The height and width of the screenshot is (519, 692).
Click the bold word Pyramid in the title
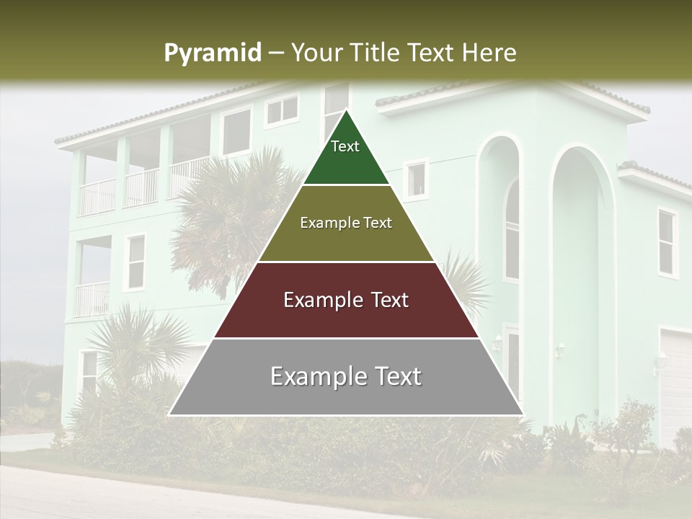click(212, 53)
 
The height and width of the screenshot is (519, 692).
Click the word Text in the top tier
click(345, 146)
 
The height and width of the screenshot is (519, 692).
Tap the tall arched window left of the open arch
click(511, 231)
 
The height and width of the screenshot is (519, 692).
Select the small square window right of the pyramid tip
click(416, 179)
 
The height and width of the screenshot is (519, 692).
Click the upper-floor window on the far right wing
click(667, 243)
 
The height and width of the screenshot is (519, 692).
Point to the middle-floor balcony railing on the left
click(92, 298)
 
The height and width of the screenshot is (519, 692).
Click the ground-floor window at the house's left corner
click(89, 371)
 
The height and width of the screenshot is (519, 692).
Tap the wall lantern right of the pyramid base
click(559, 350)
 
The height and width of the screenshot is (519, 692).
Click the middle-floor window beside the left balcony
click(135, 262)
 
